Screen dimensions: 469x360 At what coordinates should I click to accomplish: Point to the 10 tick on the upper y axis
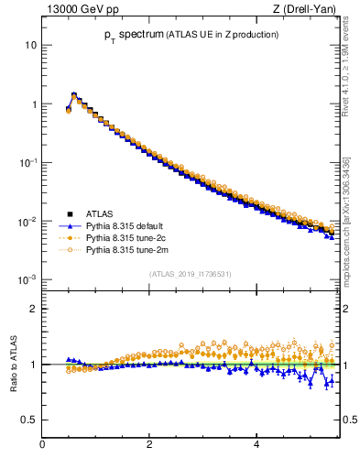[x=31, y=45]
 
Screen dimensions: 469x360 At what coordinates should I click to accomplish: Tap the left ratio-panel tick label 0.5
[x=28, y=420]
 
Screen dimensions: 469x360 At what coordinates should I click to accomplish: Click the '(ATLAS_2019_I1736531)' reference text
[x=191, y=274]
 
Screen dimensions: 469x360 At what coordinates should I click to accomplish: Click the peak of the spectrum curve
[x=74, y=94]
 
